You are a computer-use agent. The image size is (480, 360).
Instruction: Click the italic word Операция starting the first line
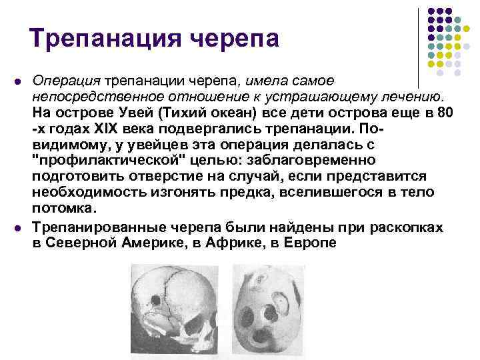[x=62, y=81]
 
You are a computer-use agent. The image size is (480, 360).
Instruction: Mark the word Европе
[x=311, y=243]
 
